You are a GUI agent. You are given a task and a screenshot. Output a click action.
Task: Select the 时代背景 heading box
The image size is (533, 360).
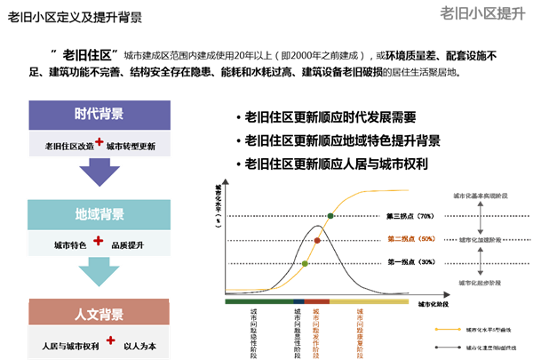[99, 114]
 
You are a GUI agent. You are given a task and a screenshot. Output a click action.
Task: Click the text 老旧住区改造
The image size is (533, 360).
[68, 146]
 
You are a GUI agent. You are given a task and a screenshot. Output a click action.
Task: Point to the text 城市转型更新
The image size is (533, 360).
[131, 146]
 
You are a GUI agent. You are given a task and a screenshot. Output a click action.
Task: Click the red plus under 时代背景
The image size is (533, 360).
[99, 142]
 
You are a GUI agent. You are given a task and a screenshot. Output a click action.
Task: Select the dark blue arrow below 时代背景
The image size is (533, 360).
[99, 173]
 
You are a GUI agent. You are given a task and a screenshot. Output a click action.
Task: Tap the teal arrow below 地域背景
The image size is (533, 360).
[99, 273]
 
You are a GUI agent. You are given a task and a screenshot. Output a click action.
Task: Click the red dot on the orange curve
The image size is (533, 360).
[317, 240]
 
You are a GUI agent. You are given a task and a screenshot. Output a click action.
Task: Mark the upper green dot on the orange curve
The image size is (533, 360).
[330, 216]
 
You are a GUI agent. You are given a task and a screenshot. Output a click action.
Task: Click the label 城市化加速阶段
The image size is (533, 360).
[481, 240]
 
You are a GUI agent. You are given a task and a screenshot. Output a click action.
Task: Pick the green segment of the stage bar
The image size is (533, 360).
[259, 302]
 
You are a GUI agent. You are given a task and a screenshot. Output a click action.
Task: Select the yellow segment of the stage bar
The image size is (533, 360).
[370, 302]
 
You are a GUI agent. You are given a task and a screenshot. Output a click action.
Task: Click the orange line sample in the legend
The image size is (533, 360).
[448, 329]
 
